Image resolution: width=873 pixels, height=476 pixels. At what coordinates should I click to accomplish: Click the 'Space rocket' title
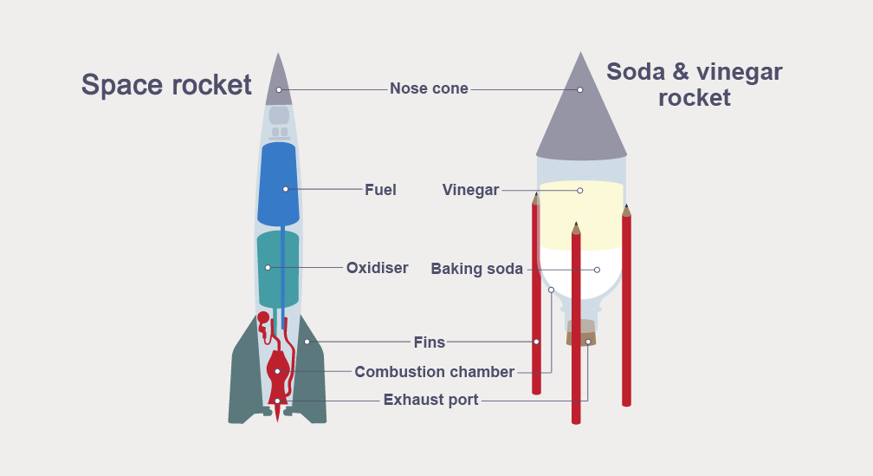(x=166, y=85)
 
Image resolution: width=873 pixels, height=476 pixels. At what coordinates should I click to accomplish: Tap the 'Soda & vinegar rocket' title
(x=694, y=84)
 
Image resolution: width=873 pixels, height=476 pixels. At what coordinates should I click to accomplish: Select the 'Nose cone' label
(x=429, y=88)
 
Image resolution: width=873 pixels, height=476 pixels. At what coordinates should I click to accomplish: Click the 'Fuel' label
(x=380, y=189)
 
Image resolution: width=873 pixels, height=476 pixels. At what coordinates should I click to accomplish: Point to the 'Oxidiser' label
(x=377, y=268)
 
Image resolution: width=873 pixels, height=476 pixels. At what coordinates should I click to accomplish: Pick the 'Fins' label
(x=429, y=342)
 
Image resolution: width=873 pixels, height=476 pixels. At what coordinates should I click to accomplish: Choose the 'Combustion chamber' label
(x=434, y=372)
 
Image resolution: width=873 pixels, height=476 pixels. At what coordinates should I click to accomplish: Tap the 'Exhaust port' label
(x=430, y=401)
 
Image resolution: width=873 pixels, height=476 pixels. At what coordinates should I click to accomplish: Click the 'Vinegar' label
(x=470, y=190)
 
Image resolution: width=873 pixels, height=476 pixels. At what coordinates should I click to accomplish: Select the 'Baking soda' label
(x=476, y=269)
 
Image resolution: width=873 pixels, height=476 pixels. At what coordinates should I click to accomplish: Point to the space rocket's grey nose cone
(x=278, y=78)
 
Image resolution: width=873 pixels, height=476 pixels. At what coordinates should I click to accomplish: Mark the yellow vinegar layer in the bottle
(x=580, y=217)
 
